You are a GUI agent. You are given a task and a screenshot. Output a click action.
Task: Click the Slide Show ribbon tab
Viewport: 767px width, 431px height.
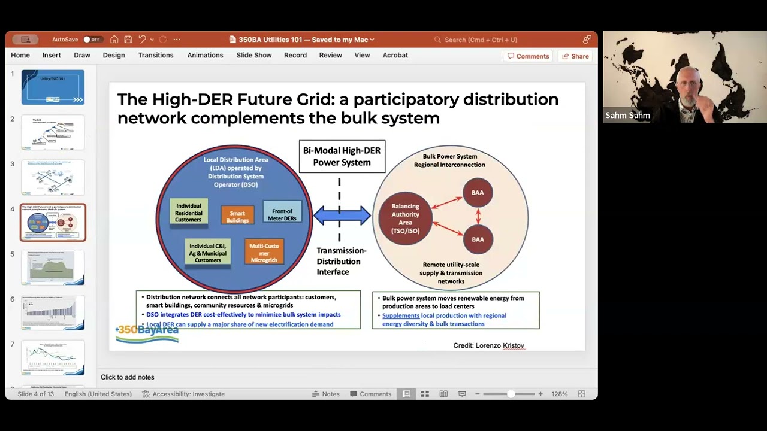click(254, 55)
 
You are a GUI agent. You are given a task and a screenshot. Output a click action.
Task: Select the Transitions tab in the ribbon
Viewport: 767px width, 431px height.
click(155, 55)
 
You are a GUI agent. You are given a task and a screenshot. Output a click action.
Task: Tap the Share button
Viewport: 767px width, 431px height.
click(575, 56)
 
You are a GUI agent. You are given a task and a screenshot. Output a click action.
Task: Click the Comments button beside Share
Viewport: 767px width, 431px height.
click(528, 56)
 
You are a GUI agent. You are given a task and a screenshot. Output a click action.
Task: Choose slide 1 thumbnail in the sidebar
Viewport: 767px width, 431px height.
click(53, 87)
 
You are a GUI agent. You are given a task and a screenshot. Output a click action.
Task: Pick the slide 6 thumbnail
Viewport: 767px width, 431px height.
click(53, 312)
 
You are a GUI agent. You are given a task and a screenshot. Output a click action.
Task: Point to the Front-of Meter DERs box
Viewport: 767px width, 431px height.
click(282, 214)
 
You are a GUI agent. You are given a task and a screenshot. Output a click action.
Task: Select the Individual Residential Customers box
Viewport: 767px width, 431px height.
click(189, 213)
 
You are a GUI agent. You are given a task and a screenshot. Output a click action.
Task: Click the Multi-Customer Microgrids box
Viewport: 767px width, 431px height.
click(264, 253)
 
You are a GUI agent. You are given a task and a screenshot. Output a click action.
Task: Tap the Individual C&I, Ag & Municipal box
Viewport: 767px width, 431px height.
click(207, 253)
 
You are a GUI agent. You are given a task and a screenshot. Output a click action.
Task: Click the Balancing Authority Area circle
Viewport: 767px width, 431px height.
click(406, 218)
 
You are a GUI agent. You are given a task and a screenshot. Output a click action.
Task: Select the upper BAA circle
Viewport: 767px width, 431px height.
click(478, 193)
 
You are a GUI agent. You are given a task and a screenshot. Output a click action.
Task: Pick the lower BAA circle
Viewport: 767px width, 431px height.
click(478, 239)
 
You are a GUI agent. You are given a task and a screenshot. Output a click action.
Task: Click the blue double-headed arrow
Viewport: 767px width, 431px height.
click(342, 215)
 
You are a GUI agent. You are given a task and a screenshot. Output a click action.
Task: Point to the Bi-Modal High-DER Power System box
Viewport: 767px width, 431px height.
click(342, 157)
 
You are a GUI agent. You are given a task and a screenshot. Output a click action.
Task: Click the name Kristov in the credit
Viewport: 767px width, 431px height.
click(514, 345)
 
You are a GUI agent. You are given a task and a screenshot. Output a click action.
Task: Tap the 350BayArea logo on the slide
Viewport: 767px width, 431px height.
click(147, 333)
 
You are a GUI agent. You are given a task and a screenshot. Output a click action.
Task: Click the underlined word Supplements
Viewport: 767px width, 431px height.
click(401, 315)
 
